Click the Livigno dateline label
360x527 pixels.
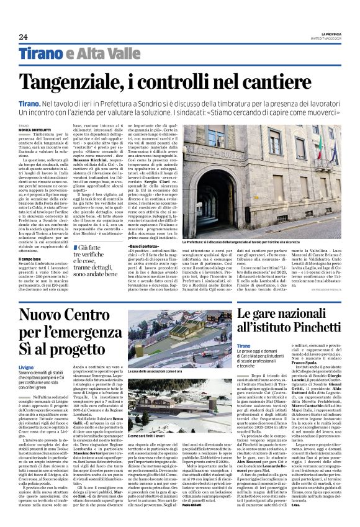pos(28,367)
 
